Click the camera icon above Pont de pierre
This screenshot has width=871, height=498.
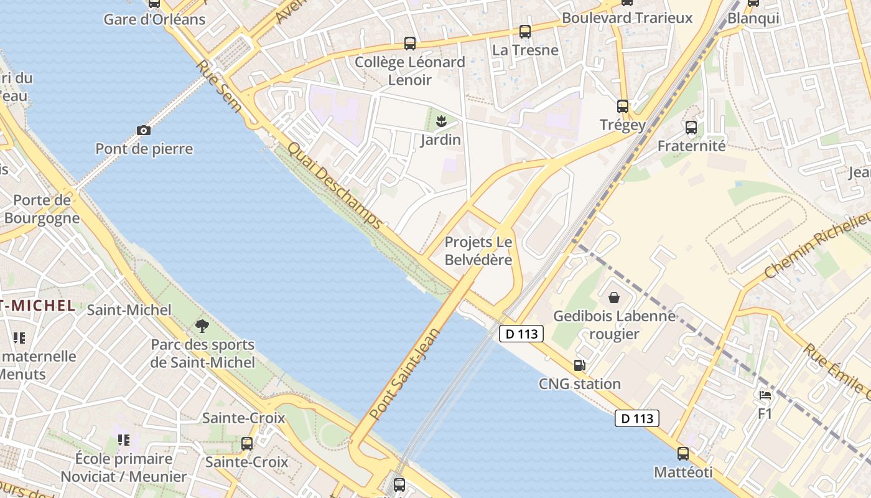pos(144,130)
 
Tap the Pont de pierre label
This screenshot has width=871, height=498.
pos(144,149)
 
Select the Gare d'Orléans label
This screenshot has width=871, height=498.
pos(154,19)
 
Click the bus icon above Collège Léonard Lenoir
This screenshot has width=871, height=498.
pos(409,44)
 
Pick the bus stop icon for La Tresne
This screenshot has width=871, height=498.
pos(525,32)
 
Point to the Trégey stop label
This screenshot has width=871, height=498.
pos(622,125)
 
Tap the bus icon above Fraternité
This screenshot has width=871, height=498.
pos(691,128)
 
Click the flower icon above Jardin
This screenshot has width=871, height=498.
pos(441,121)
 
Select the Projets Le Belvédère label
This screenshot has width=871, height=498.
pos(478,251)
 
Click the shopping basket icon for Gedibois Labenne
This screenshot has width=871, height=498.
pos(614,298)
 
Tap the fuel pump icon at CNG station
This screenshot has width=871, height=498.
pos(580,365)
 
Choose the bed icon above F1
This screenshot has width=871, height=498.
pos(765,395)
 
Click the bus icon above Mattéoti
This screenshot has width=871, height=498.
pos(683,454)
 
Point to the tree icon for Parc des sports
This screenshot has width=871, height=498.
pos(202,326)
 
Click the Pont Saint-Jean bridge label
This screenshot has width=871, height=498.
pos(404,373)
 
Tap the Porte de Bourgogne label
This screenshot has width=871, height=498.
pos(42,209)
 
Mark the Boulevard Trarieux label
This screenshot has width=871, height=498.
pos(626,18)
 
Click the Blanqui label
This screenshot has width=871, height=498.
pos(753,18)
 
